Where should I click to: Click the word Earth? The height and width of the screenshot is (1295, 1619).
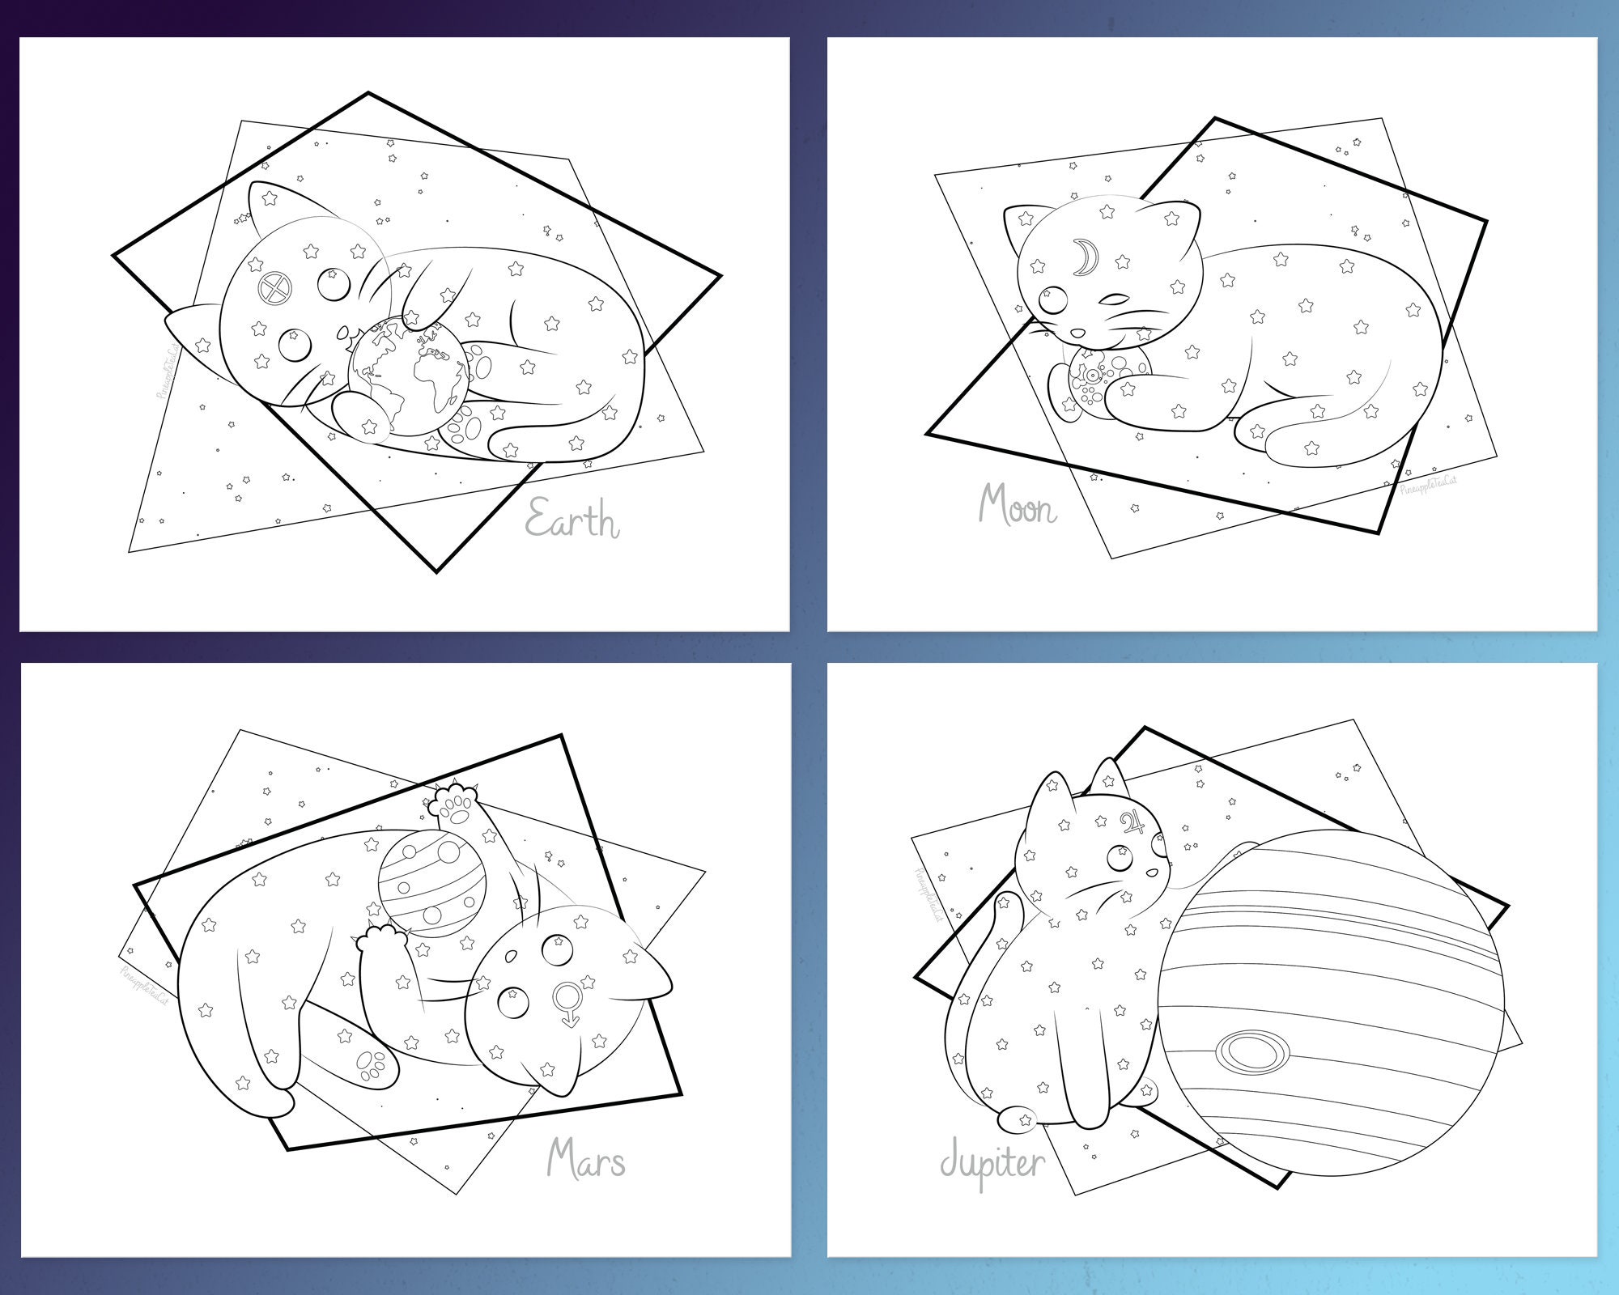[573, 519]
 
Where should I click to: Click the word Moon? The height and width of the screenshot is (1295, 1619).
[1018, 506]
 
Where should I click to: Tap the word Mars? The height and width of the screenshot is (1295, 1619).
[586, 1160]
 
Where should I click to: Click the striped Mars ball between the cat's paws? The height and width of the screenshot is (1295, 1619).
[432, 887]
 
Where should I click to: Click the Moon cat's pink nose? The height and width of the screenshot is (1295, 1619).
[1078, 333]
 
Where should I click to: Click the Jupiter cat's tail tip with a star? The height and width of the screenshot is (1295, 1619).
[1018, 1120]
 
